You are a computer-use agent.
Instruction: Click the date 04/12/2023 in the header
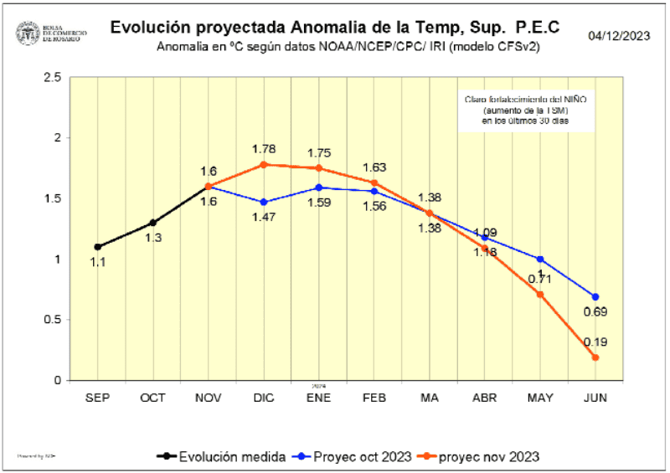click(619, 36)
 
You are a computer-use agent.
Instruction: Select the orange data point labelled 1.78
click(264, 164)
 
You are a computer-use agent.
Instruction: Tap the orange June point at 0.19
click(595, 357)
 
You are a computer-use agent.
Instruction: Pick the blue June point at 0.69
click(595, 296)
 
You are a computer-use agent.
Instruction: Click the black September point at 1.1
click(98, 247)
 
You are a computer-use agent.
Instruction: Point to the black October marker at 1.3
click(152, 223)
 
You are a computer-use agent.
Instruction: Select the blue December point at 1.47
click(264, 202)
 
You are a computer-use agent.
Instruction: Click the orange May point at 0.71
click(540, 294)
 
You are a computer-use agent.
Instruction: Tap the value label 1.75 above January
click(318, 153)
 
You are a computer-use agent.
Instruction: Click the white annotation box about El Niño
click(524, 110)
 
